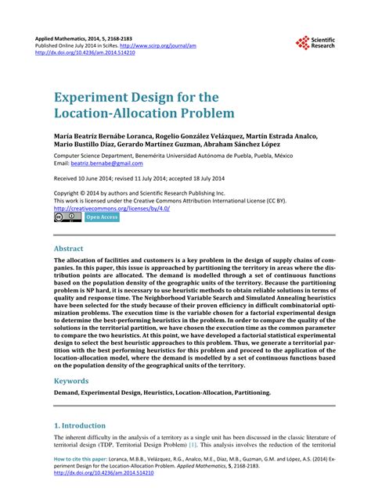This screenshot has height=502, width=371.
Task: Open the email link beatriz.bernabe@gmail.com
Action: [110, 163]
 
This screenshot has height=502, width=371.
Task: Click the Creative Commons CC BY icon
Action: [67, 217]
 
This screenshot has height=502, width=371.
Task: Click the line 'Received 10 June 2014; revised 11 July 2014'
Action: [133, 178]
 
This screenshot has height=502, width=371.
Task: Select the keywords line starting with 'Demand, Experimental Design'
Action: [164, 393]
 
